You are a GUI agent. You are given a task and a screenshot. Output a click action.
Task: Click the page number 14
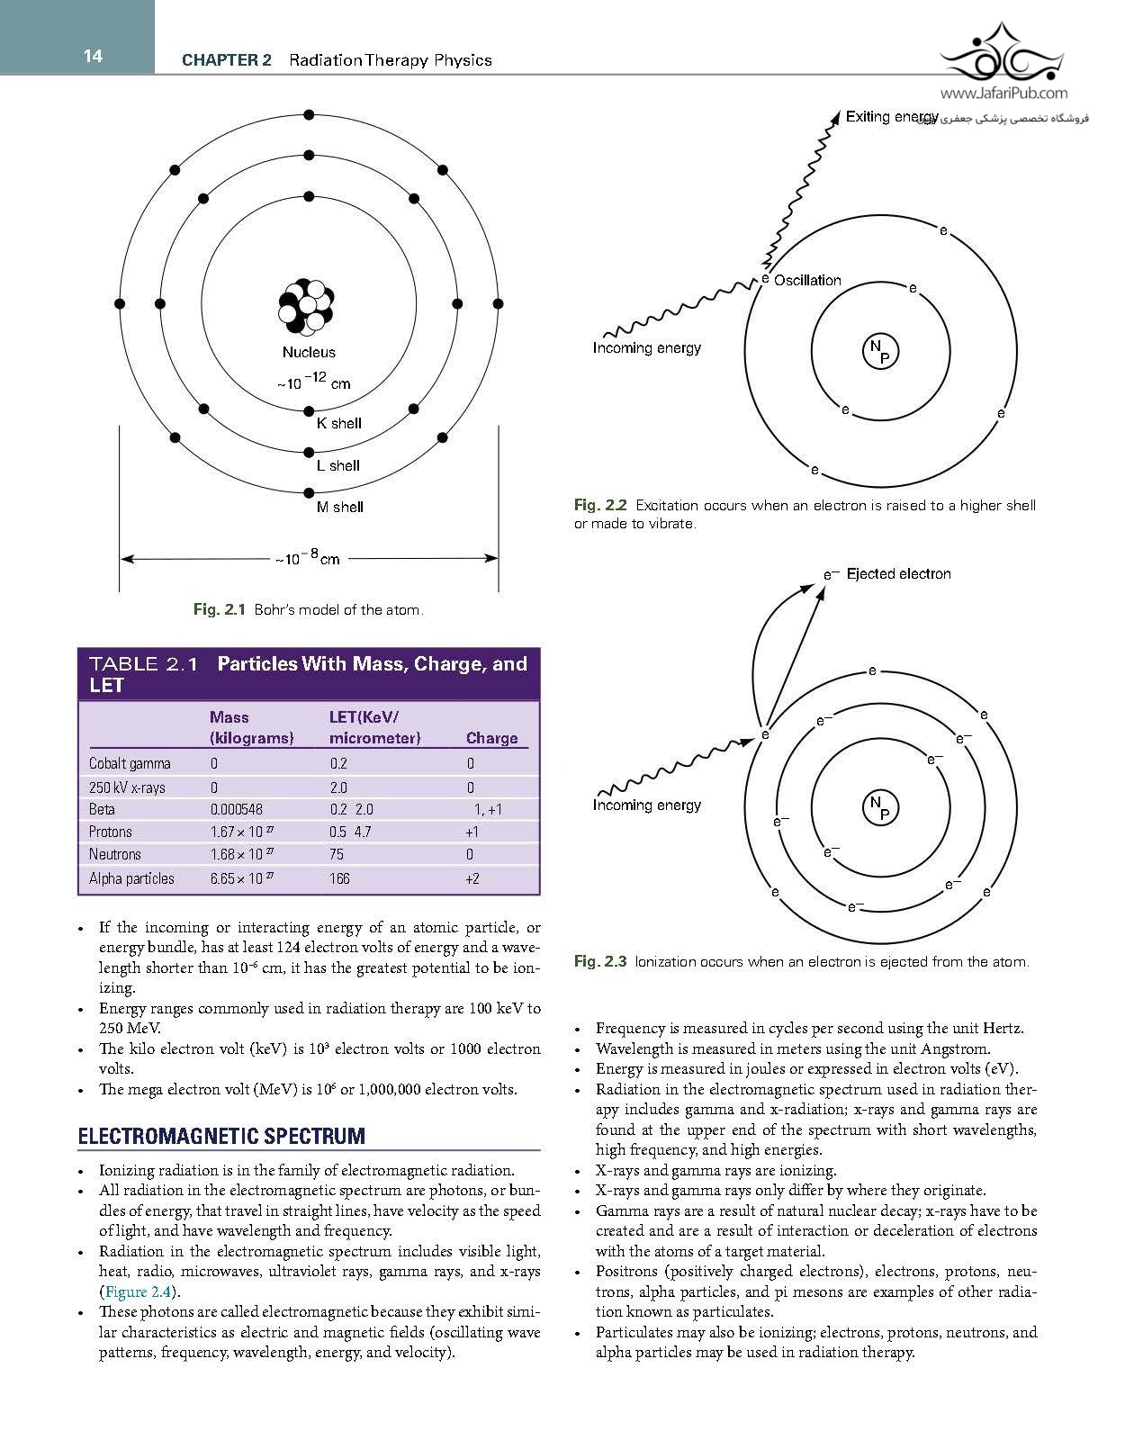pos(93,57)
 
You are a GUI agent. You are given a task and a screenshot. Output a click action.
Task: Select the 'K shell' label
pos(339,423)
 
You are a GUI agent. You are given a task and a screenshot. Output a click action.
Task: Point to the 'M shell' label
pos(339,507)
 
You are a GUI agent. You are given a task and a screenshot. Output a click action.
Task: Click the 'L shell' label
pos(337,465)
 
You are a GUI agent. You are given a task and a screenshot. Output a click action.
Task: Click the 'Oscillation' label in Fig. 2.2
pos(807,280)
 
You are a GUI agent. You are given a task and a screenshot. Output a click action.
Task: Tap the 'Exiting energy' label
pos(892,117)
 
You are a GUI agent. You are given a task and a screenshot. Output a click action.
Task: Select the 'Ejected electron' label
pos(898,573)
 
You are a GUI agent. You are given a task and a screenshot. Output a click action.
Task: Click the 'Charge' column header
pos(491,738)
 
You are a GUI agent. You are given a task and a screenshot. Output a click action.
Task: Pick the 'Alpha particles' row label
pos(131,878)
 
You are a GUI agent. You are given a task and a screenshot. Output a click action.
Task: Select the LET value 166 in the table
pos(339,878)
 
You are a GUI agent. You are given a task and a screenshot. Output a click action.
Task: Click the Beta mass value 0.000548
pos(236,809)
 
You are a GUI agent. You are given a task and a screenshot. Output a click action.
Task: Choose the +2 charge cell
pos(472,878)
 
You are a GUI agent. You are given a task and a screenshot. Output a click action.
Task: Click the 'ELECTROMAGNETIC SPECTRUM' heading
pos(221,1136)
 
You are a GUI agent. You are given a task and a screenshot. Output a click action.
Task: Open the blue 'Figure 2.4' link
pos(137,1291)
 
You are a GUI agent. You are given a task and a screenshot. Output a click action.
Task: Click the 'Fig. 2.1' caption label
pos(219,610)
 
